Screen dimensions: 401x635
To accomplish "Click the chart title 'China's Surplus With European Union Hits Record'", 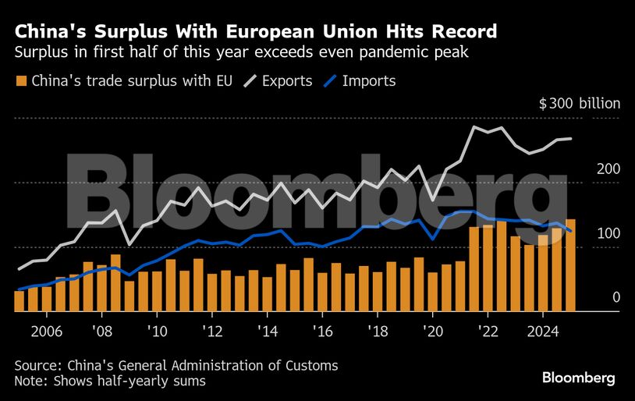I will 256,32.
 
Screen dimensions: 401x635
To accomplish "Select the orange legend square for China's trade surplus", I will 22,80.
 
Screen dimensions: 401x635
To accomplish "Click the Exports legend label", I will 286,80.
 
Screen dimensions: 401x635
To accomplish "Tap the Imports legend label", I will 369,80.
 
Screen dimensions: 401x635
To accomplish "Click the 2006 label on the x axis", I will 46,330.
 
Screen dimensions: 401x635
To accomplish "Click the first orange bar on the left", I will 20,300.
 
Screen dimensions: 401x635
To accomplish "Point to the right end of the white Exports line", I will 573,139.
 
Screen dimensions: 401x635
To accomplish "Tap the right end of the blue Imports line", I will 573,231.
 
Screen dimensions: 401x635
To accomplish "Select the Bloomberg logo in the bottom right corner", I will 579,378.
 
